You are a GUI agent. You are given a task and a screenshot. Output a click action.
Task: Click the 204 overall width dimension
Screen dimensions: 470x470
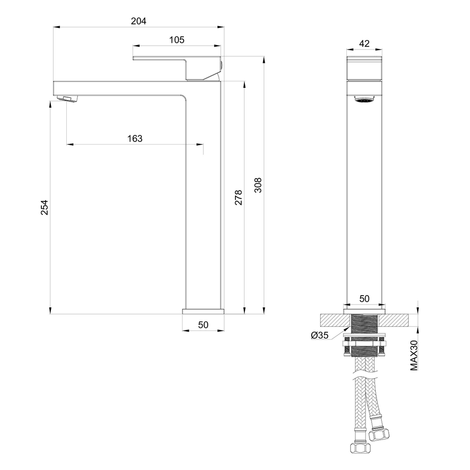(138, 21)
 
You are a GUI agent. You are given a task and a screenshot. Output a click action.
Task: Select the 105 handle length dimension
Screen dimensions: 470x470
(177, 40)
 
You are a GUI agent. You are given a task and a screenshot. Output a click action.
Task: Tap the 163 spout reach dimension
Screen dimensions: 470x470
(134, 138)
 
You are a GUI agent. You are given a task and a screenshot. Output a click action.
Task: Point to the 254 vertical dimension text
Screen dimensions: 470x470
(44, 207)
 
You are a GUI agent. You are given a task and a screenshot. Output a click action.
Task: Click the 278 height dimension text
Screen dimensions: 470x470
(238, 197)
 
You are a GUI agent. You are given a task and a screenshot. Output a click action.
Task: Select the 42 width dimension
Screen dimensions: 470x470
(364, 43)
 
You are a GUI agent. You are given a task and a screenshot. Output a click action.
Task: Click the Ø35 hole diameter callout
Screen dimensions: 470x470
(319, 335)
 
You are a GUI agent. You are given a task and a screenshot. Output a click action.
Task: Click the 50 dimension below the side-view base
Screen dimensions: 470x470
(203, 325)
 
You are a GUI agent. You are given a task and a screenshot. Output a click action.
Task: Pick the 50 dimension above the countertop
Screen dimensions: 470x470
(364, 298)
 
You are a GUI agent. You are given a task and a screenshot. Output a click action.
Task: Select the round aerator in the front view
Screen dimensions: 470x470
(364, 99)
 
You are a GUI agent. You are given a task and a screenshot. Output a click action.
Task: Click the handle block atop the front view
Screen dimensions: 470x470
(365, 68)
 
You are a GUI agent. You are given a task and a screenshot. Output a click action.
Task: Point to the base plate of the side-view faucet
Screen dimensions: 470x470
(203, 311)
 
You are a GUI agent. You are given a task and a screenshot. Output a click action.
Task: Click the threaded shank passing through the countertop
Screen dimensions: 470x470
(365, 325)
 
